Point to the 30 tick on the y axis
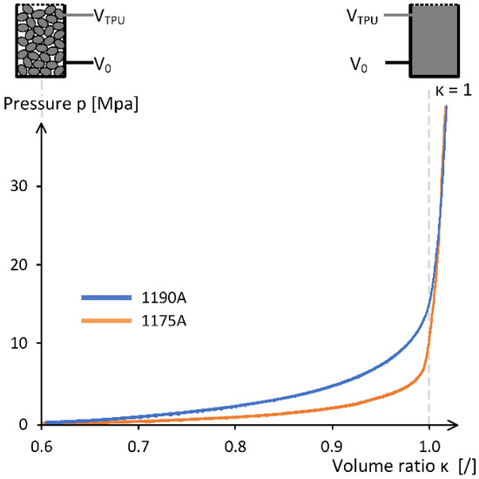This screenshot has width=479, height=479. click(21, 186)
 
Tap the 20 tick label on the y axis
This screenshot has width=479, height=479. click(21, 264)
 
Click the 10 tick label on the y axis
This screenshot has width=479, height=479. click(21, 343)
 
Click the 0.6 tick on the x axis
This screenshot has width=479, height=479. click(41, 443)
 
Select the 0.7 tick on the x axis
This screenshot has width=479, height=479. click(138, 443)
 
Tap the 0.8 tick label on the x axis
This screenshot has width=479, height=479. click(234, 443)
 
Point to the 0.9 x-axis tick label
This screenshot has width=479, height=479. click(331, 443)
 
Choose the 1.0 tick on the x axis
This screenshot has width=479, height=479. click(428, 443)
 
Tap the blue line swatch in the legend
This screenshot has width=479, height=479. click(105, 298)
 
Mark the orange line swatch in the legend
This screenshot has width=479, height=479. click(105, 322)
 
